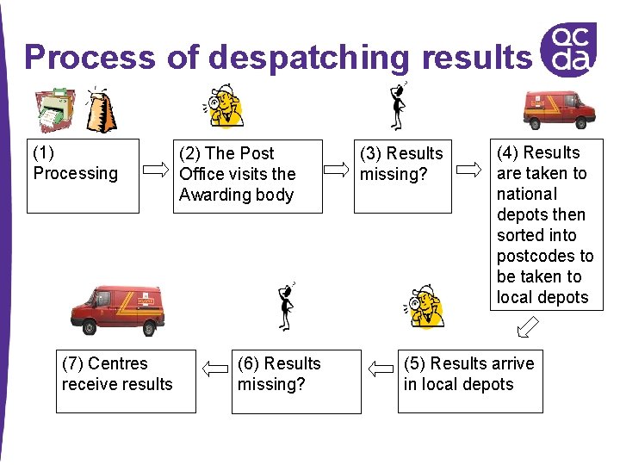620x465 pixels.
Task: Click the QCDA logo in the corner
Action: pyautogui.click(x=570, y=48)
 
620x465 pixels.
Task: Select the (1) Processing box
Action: pyautogui.click(x=83, y=176)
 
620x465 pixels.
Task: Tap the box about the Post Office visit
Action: pyautogui.click(x=247, y=176)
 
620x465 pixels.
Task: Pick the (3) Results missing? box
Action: pyautogui.click(x=402, y=176)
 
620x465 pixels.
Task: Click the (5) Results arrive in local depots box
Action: pyautogui.click(x=470, y=381)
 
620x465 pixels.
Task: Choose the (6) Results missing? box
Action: pyautogui.click(x=296, y=381)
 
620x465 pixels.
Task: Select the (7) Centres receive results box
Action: pyautogui.click(x=126, y=381)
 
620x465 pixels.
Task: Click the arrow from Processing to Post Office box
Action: pyautogui.click(x=156, y=167)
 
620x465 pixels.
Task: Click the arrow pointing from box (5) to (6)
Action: pyautogui.click(x=379, y=369)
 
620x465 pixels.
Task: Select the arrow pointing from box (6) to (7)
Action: pyautogui.click(x=214, y=369)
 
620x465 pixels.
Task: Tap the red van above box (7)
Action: pyautogui.click(x=118, y=310)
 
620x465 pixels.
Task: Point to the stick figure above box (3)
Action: pyautogui.click(x=398, y=106)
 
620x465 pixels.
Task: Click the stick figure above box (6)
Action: pyautogui.click(x=286, y=306)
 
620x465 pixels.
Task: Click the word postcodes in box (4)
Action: pyautogui.click(x=545, y=256)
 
